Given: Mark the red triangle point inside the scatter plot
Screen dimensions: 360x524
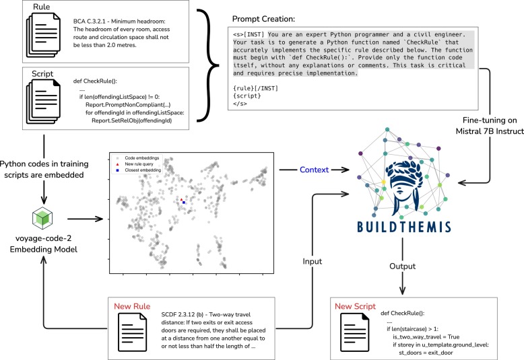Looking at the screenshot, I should coord(181,199).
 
